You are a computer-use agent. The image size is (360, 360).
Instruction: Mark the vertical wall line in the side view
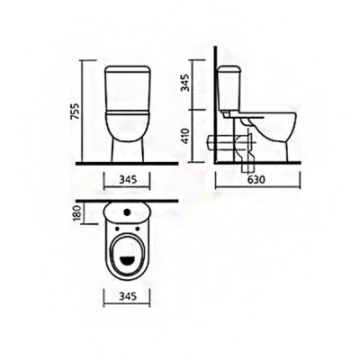pyautogui.click(x=217, y=108)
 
